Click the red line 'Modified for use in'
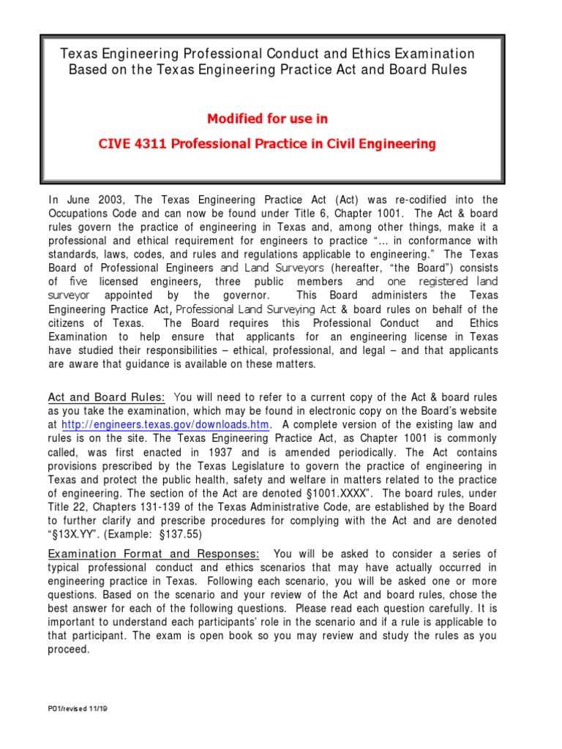(x=267, y=118)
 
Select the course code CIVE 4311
(x=129, y=144)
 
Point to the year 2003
(x=108, y=200)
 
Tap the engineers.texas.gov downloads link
(x=166, y=425)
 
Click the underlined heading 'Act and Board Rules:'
(x=107, y=397)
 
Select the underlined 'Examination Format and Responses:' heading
(x=154, y=553)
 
